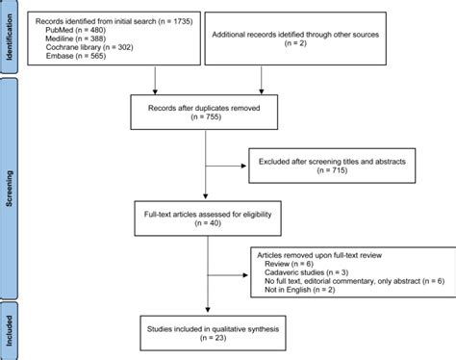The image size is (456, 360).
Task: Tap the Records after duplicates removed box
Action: pyautogui.click(x=205, y=113)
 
